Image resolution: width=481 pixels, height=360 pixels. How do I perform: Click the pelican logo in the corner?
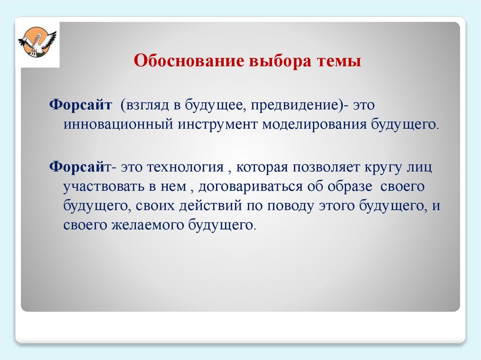click(x=38, y=41)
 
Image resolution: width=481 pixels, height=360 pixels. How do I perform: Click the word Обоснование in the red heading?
click(x=189, y=61)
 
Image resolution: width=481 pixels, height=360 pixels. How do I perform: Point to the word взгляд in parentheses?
click(x=145, y=105)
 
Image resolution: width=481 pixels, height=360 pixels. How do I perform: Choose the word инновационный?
click(x=118, y=125)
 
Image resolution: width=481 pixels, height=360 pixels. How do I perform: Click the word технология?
click(x=185, y=168)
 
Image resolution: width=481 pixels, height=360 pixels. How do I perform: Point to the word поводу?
click(x=291, y=206)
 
